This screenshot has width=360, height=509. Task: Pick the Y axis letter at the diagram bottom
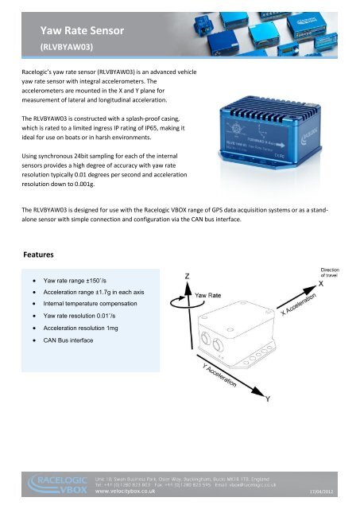point(269,398)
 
